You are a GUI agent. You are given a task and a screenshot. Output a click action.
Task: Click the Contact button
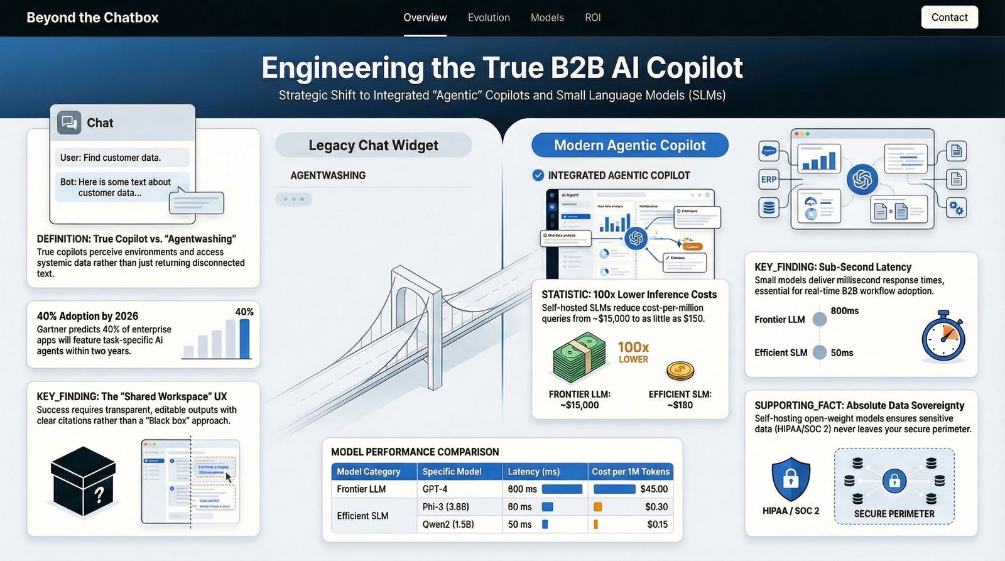[x=949, y=18]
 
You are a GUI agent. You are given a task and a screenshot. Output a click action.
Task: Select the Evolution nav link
[x=489, y=18]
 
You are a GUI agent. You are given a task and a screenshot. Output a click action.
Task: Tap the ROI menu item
[x=592, y=18]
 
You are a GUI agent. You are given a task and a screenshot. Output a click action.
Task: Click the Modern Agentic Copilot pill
[x=629, y=145]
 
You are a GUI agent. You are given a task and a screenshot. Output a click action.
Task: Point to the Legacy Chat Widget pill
[x=373, y=145]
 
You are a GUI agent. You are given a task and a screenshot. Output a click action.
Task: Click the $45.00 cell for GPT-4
[x=631, y=489]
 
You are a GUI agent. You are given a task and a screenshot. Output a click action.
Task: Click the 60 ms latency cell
[x=519, y=506]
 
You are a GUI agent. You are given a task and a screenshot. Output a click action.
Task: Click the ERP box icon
[x=769, y=179]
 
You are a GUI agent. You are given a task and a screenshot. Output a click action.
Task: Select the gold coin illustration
[x=680, y=371]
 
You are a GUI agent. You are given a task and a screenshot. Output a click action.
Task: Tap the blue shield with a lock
[x=790, y=479]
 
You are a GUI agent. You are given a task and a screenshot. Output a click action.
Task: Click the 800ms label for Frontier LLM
[x=844, y=311]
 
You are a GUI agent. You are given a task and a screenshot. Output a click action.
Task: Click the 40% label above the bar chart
[x=244, y=312]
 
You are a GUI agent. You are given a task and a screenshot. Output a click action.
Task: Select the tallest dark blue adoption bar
[x=244, y=339]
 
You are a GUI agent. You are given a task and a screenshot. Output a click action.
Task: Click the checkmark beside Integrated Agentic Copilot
[x=538, y=175]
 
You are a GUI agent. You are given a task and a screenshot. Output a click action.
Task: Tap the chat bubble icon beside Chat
[x=69, y=123]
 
